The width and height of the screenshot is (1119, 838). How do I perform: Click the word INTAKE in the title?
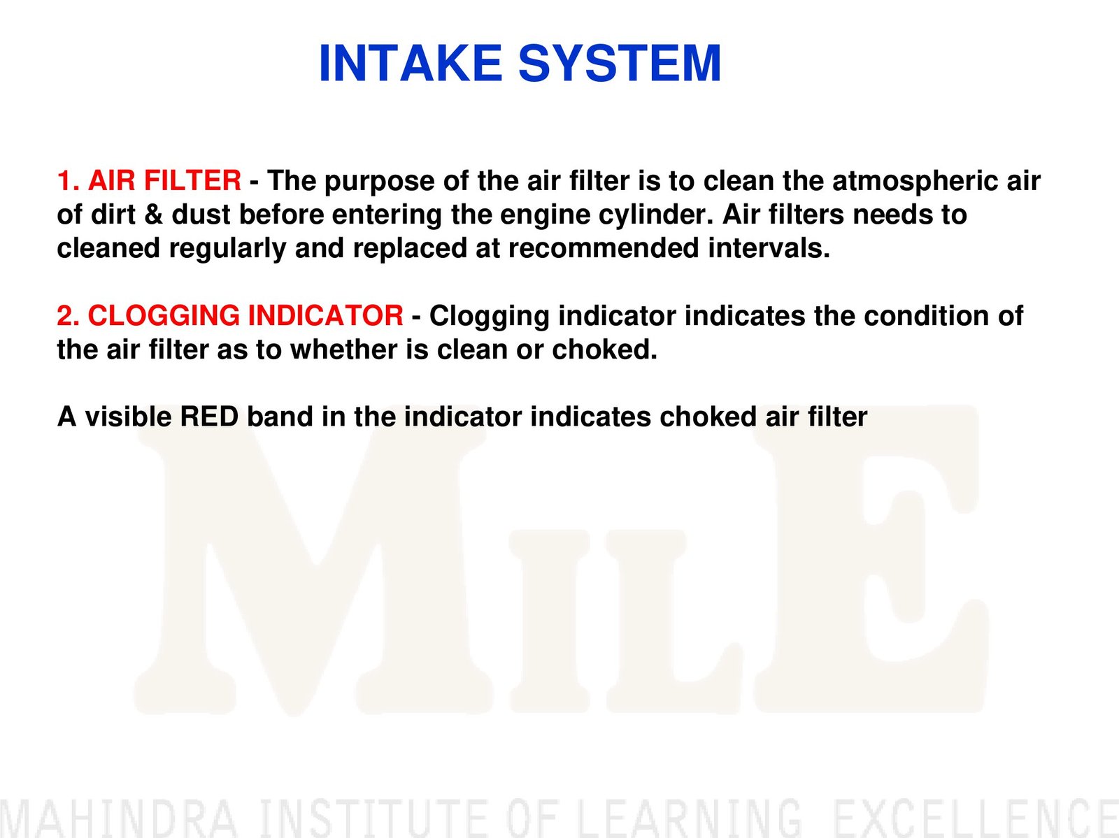pyautogui.click(x=411, y=63)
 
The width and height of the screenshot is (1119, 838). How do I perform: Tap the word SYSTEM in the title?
pyautogui.click(x=620, y=63)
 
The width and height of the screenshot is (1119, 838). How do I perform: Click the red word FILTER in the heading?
pyautogui.click(x=193, y=181)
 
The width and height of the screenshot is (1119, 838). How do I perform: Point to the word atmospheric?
pyautogui.click(x=915, y=182)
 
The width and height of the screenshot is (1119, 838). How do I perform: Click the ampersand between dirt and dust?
pyautogui.click(x=153, y=215)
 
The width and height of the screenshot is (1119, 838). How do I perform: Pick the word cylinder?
pyautogui.click(x=656, y=215)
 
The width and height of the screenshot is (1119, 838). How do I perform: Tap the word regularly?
pyautogui.click(x=228, y=249)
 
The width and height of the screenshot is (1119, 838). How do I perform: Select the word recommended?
pyautogui.click(x=604, y=248)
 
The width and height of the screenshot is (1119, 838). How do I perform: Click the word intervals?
pyautogui.click(x=769, y=248)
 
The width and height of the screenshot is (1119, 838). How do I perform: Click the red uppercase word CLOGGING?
pyautogui.click(x=164, y=315)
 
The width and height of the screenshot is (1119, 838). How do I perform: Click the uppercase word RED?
pyautogui.click(x=210, y=417)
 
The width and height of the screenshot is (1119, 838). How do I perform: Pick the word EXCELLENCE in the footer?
pyautogui.click(x=977, y=817)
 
